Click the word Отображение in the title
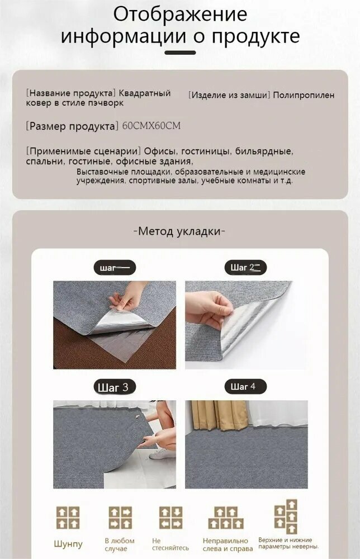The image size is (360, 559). (180, 14)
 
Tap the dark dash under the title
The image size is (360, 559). (181, 53)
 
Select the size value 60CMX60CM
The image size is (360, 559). (151, 126)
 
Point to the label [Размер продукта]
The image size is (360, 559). (72, 126)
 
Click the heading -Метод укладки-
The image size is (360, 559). (179, 231)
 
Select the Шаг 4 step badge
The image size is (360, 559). (245, 386)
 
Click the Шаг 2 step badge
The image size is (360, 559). (245, 267)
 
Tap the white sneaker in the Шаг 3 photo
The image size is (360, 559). (162, 453)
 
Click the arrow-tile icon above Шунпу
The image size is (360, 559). (68, 518)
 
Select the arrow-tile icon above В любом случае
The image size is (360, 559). (120, 518)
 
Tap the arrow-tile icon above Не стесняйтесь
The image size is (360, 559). (170, 518)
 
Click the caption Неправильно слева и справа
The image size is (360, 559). (228, 544)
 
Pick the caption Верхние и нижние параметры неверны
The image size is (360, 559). (288, 543)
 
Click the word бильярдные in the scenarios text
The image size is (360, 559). (264, 151)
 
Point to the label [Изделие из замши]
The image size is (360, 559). (229, 95)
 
